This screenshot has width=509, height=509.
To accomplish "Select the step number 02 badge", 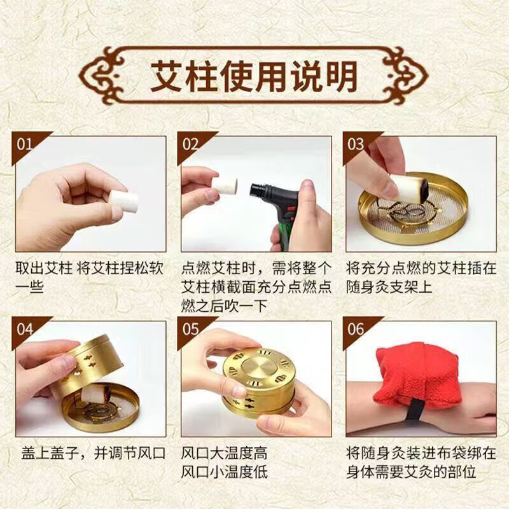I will [x=192, y=144].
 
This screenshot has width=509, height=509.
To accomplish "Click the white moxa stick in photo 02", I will [x=225, y=188].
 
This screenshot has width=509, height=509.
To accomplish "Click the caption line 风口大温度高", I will [x=225, y=454].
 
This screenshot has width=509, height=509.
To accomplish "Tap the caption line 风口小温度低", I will [x=225, y=473].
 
